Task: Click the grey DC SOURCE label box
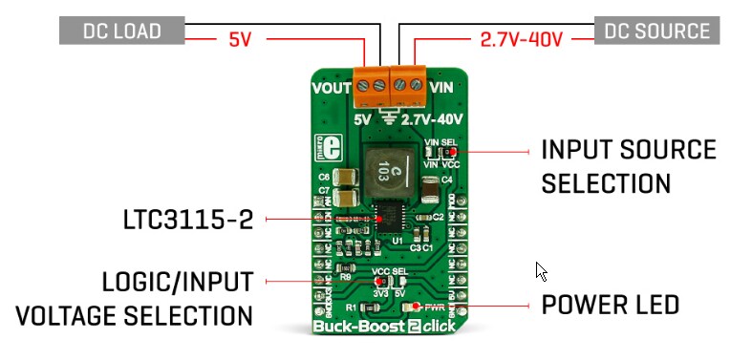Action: (x=656, y=30)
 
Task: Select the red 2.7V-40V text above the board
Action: (x=520, y=41)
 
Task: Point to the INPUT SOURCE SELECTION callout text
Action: (x=628, y=165)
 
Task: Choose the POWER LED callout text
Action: (x=610, y=306)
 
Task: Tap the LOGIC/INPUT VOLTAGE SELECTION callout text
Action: (x=177, y=298)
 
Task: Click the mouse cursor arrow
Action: (x=542, y=271)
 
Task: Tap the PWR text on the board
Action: (x=436, y=307)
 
